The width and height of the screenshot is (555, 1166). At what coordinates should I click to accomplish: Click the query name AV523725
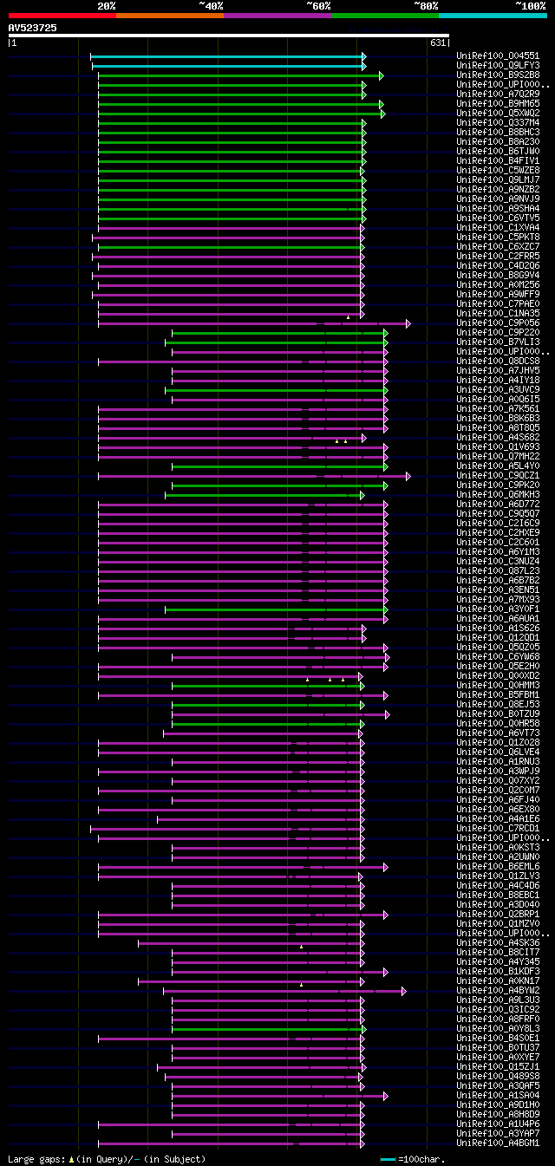click(33, 28)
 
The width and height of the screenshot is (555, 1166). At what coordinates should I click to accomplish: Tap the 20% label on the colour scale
click(107, 5)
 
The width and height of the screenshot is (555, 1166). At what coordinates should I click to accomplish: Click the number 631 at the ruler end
click(437, 42)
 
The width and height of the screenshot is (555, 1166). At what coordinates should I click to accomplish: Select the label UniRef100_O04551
click(498, 55)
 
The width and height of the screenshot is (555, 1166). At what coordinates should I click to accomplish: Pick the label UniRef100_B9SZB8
click(498, 75)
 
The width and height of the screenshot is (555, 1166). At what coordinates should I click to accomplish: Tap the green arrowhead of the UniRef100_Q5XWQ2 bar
click(382, 113)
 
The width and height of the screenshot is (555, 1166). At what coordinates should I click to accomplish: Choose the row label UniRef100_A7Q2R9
click(498, 94)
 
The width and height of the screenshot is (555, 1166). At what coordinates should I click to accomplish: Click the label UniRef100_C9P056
click(498, 323)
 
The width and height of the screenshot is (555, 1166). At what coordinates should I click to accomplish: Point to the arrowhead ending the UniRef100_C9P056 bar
click(408, 323)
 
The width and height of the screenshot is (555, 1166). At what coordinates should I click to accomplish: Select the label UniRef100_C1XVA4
click(498, 227)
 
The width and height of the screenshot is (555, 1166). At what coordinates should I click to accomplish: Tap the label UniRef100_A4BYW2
click(498, 990)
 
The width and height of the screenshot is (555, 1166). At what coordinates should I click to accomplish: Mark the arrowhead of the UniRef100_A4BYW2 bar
click(403, 990)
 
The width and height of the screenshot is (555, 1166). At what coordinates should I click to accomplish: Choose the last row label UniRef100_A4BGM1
click(498, 1143)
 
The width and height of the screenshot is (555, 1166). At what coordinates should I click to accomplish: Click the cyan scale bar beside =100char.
click(388, 1159)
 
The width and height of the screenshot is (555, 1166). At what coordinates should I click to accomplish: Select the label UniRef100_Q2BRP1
click(498, 914)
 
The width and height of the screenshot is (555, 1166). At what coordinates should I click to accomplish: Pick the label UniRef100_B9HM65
click(498, 103)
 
